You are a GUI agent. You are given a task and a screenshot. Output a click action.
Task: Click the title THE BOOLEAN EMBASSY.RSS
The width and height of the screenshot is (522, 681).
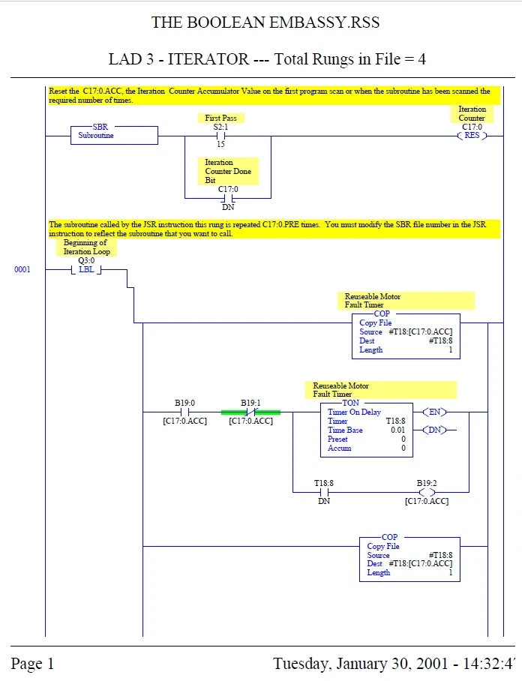click(265, 22)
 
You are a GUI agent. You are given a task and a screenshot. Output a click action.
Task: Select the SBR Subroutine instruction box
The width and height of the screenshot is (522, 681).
click(114, 135)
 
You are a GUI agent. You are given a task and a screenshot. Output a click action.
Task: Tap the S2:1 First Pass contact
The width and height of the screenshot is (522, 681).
click(220, 136)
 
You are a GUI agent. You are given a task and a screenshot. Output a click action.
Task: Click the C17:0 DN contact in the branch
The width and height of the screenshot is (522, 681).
click(228, 198)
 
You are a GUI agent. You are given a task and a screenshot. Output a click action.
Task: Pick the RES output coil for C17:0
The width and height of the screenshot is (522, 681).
click(472, 136)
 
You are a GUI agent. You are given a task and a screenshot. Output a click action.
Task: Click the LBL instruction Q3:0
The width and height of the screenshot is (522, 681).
click(86, 270)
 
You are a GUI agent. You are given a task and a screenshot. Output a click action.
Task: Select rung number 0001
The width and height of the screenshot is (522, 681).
click(22, 270)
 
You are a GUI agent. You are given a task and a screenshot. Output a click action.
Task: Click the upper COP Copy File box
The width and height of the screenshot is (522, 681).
click(406, 336)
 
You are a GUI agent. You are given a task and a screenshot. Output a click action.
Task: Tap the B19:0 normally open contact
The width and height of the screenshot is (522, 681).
click(185, 412)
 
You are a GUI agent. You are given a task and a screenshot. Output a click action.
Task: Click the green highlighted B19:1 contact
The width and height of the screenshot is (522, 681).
click(250, 412)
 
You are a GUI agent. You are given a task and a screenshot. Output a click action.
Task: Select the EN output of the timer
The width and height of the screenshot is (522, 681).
click(435, 412)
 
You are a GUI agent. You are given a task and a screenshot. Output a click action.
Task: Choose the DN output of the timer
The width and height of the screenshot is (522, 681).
click(435, 430)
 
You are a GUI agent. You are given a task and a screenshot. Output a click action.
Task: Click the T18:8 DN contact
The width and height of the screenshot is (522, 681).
click(324, 492)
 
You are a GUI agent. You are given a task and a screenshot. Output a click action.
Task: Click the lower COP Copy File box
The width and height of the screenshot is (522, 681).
click(409, 559)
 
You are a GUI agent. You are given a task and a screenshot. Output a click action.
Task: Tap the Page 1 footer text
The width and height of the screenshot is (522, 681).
click(32, 664)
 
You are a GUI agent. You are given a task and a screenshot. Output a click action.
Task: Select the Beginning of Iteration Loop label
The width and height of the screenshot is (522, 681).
click(86, 247)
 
